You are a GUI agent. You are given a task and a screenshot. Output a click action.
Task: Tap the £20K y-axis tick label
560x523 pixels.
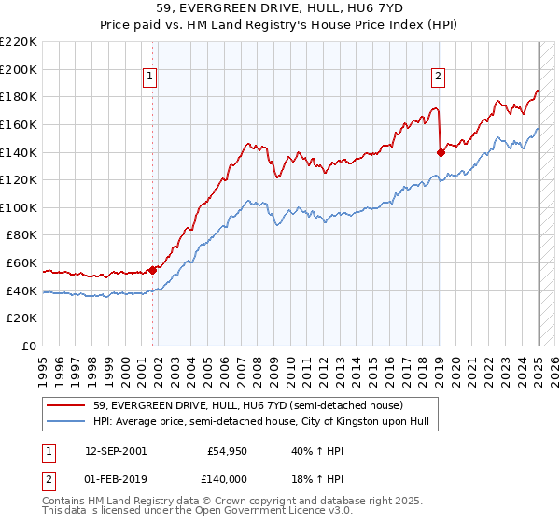[x=21, y=318]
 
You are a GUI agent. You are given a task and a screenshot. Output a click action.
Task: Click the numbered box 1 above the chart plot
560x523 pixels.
[x=149, y=78]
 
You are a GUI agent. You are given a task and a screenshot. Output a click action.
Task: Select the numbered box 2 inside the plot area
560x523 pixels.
[x=438, y=78]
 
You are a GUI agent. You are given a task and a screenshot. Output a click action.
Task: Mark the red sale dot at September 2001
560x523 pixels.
[x=153, y=270]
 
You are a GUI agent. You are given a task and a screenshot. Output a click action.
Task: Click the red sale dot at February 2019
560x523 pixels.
[x=441, y=152]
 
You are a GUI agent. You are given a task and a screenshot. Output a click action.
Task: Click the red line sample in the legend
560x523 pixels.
[x=66, y=406]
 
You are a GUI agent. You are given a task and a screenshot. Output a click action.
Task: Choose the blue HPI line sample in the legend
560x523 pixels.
[x=66, y=422]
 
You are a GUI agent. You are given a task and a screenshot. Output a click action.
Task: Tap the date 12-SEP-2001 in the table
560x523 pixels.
[x=115, y=451]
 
